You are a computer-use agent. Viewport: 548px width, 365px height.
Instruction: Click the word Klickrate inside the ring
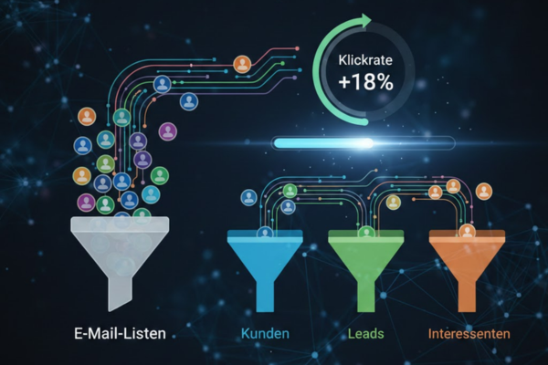pyautogui.click(x=365, y=60)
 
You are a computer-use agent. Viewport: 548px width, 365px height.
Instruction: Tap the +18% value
pyautogui.click(x=366, y=82)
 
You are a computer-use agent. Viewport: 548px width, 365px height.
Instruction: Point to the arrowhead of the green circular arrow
pyautogui.click(x=366, y=21)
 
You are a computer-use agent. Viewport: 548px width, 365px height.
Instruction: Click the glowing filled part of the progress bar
pyautogui.click(x=323, y=143)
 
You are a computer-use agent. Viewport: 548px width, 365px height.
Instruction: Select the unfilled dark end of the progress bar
pyautogui.click(x=414, y=143)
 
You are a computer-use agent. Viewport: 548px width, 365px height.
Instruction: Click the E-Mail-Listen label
pyautogui.click(x=120, y=333)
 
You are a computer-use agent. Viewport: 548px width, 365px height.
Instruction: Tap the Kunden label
pyautogui.click(x=265, y=334)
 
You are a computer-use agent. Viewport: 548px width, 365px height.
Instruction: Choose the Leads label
pyautogui.click(x=366, y=334)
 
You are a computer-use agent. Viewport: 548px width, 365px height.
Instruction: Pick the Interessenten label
pyautogui.click(x=469, y=334)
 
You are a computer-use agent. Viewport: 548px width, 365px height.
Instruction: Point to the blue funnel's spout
pyautogui.click(x=265, y=294)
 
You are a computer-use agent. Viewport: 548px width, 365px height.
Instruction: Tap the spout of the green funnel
pyautogui.click(x=366, y=294)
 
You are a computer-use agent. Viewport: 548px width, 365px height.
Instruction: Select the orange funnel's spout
pyautogui.click(x=467, y=294)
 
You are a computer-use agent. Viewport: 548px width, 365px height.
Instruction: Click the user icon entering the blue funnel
pyautogui.click(x=265, y=233)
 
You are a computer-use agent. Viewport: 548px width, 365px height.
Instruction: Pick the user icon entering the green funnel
pyautogui.click(x=366, y=233)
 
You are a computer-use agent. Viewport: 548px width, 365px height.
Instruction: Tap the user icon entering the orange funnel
pyautogui.click(x=468, y=232)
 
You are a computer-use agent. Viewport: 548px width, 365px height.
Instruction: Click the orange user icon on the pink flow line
pyautogui.click(x=242, y=64)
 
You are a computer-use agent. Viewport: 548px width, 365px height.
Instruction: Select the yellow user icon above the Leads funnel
pyautogui.click(x=393, y=203)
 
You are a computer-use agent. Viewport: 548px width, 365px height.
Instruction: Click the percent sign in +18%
pyautogui.click(x=385, y=83)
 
